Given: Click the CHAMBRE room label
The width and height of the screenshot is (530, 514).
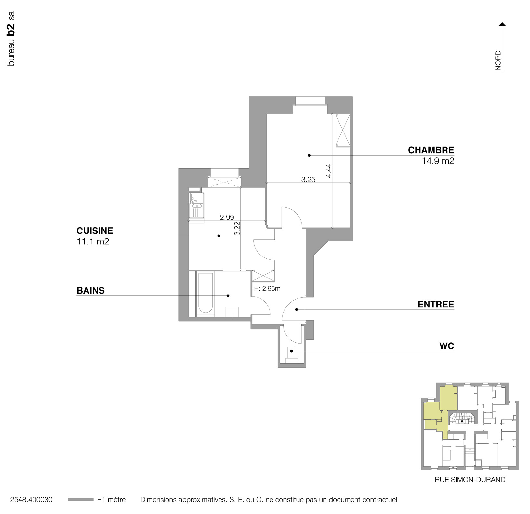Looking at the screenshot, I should pos(431,150).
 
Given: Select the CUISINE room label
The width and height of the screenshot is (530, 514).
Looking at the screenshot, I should pos(95,231).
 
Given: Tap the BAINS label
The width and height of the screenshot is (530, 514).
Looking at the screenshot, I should pos(90,291).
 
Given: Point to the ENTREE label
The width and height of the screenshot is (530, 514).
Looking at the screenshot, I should pos(436,305).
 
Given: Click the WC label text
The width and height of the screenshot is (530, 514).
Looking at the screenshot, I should pos(446,346).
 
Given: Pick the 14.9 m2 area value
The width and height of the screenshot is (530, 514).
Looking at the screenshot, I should pos(438,161).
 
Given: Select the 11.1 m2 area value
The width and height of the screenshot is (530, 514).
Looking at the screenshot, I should pos(93,242).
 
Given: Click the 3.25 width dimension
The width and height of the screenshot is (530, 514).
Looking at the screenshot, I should pos(308,180).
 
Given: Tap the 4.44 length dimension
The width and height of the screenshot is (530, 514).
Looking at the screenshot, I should pos(329,171).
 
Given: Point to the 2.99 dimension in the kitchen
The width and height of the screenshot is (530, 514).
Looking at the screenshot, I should pos(227,218).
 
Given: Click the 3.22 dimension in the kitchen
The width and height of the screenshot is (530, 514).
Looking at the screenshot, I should pos(237,228).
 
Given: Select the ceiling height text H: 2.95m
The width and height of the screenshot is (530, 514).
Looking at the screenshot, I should pos(267,289).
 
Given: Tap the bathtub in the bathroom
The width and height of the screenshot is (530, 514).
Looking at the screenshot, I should pos(205,294).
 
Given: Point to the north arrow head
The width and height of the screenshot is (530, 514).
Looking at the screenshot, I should pos(502,24).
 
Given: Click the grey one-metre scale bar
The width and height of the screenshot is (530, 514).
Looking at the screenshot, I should pos(81,500).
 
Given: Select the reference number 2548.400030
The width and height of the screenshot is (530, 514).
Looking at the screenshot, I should pos(31,500).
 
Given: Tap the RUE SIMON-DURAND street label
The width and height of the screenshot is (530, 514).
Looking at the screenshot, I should pos(470,480).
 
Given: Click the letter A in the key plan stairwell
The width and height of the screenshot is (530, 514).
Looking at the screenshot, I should pos(462,421).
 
